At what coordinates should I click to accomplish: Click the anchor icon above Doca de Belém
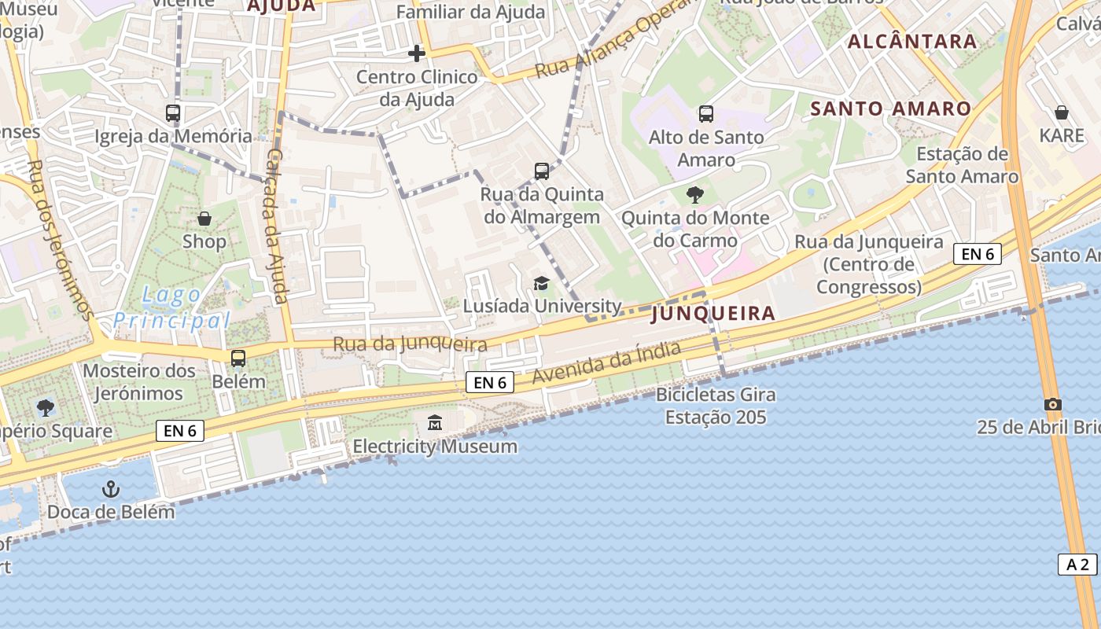click(111, 489)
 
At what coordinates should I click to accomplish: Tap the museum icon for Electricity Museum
click(435, 423)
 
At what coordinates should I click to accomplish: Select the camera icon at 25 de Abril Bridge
click(1052, 404)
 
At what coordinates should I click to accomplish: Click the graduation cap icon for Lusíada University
click(541, 283)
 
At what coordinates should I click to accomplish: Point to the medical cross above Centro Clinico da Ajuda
click(417, 53)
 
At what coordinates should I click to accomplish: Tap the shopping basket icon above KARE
click(1061, 112)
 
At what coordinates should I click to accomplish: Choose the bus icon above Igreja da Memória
click(173, 113)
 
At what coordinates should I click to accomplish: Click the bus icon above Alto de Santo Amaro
click(705, 114)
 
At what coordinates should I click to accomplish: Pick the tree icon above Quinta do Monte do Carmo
click(694, 194)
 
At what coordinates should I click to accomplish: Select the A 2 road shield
click(1077, 564)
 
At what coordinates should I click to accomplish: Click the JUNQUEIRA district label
click(714, 314)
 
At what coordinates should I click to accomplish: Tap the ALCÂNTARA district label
click(912, 42)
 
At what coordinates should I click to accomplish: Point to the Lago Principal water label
click(171, 308)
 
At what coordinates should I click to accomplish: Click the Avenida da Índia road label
click(606, 363)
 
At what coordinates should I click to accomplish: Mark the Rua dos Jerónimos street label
click(59, 240)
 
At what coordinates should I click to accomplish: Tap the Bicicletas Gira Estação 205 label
click(716, 406)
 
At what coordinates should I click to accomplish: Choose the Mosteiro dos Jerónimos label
click(139, 381)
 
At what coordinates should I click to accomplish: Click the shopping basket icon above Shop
click(204, 218)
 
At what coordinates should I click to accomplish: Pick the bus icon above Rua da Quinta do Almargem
click(541, 171)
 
